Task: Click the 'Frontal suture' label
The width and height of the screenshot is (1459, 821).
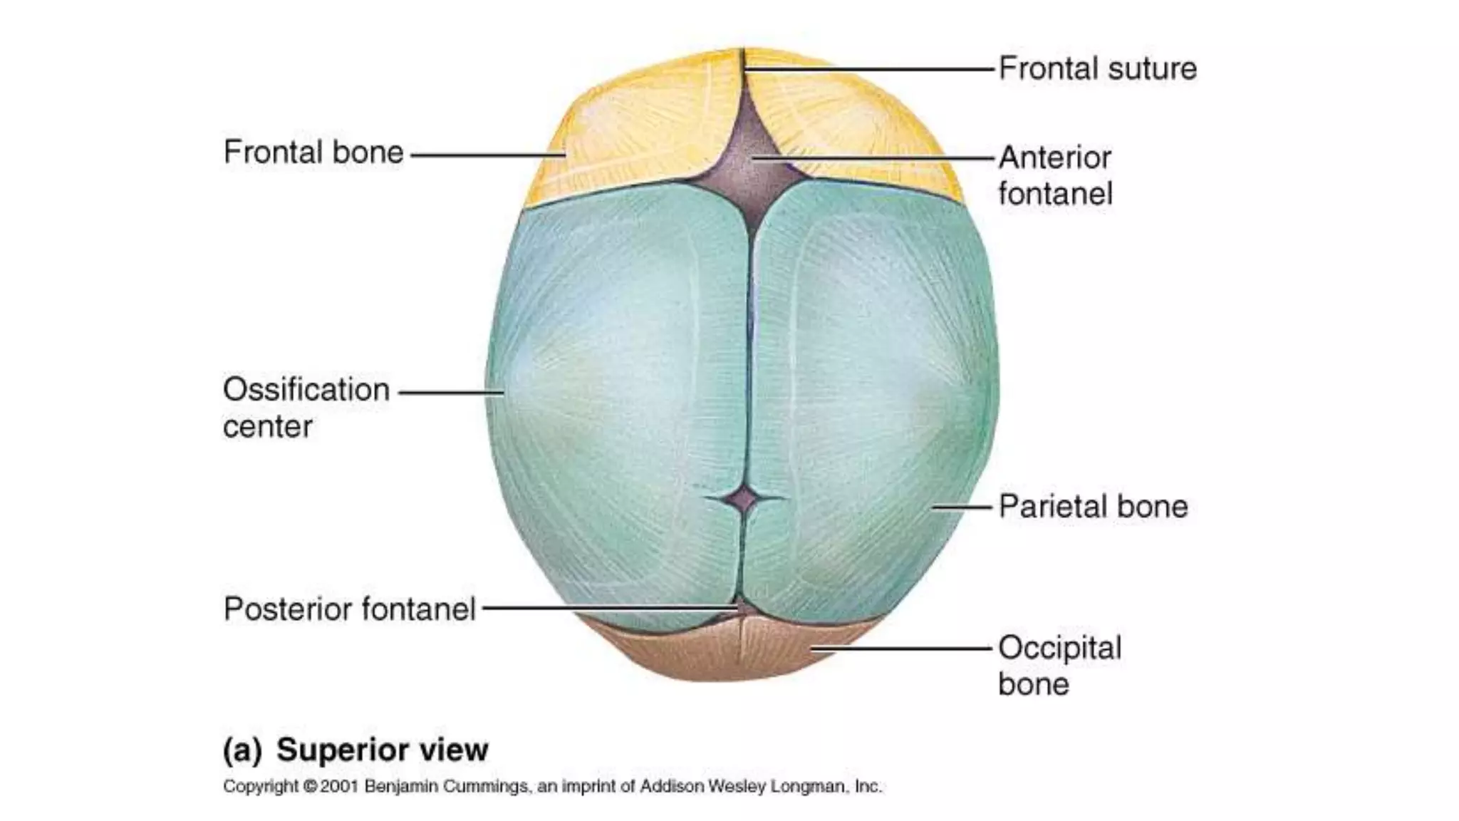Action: coord(1097,69)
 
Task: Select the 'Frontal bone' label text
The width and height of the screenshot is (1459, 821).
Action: coord(313,153)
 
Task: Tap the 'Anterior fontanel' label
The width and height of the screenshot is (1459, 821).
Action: coord(1054,175)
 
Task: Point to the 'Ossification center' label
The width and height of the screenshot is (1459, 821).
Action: coord(306,408)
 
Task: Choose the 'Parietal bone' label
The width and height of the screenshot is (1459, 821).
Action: coord(1093,507)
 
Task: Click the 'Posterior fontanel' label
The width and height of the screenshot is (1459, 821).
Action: coord(349,609)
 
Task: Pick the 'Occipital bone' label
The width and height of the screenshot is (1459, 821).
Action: coord(1059,666)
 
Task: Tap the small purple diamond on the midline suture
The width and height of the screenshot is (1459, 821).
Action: coord(744,500)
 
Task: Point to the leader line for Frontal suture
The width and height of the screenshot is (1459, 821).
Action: coord(869,70)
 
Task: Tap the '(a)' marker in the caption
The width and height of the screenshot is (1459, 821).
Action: coord(242,750)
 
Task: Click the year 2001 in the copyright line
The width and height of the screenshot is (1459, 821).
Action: coord(338,787)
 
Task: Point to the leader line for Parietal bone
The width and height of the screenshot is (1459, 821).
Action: coord(962,507)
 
